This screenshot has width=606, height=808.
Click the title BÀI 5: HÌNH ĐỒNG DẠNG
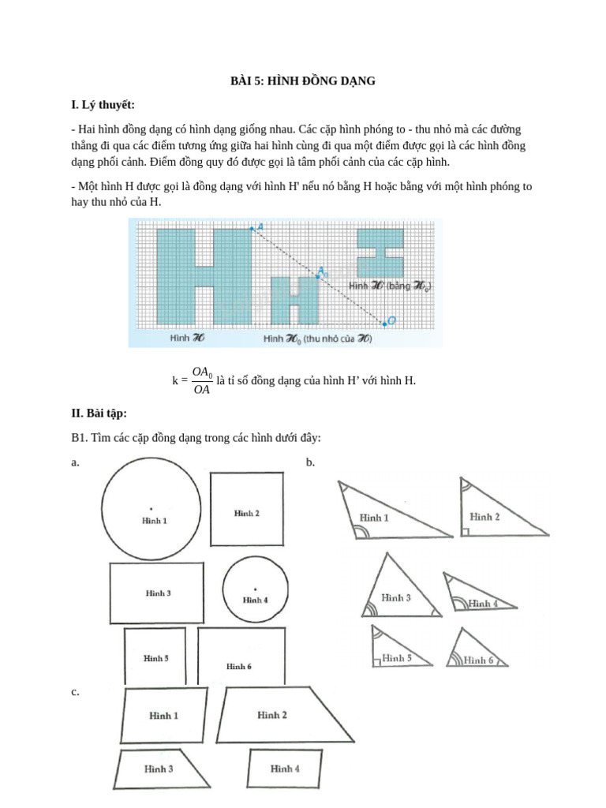point(302,80)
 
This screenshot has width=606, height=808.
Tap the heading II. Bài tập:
point(98,413)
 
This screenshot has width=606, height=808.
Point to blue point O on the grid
point(384,322)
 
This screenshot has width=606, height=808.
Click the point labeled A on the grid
point(252,228)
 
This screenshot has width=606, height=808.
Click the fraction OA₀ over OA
point(201,380)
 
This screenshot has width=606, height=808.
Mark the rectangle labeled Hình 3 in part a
point(159,593)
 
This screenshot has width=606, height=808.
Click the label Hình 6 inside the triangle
point(478,660)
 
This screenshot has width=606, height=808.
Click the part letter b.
point(310,462)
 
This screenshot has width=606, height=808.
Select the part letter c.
point(74,692)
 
